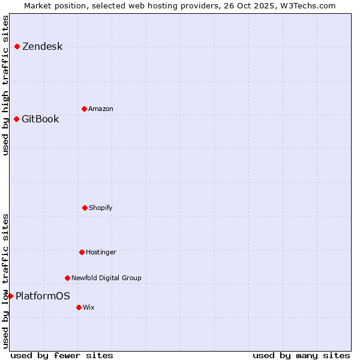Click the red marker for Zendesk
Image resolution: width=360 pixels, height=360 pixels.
(17, 47)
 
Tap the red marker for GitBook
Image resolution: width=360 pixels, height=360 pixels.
(16, 119)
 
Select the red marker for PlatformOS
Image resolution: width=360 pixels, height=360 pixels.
(10, 296)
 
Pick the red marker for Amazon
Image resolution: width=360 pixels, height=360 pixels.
(84, 109)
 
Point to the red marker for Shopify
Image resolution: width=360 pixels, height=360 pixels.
(85, 208)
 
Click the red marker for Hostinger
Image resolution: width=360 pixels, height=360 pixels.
(82, 252)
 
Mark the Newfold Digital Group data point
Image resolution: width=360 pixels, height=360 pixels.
(67, 278)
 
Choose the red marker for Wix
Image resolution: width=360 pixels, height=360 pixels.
(79, 307)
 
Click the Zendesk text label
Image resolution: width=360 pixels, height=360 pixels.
(42, 47)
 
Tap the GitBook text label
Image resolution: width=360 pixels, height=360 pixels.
(40, 119)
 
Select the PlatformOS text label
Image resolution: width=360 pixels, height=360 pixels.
(43, 296)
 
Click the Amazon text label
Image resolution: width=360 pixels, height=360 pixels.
(101, 109)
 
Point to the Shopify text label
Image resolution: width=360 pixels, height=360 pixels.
(101, 208)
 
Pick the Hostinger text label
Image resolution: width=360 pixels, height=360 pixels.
(101, 252)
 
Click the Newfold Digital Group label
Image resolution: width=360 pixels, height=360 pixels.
(106, 278)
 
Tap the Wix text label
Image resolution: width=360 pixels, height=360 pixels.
(89, 307)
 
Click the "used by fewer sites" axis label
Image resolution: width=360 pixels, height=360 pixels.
(62, 355)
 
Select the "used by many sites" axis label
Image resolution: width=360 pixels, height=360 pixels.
(301, 355)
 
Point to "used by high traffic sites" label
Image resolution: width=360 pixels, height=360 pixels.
(5, 85)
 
